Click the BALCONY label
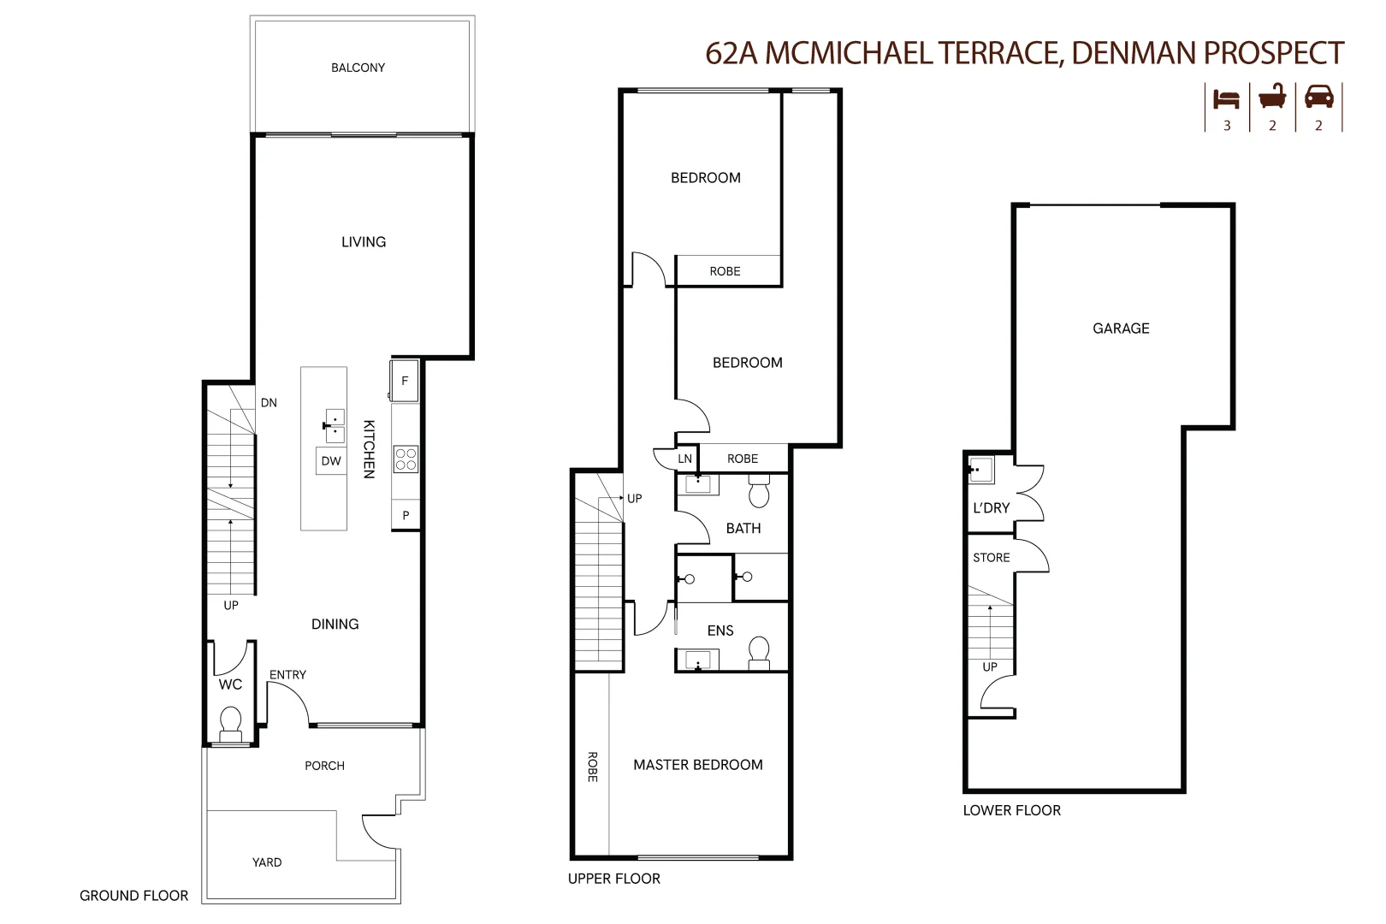358,68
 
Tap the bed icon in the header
1226,98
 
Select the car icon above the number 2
1318,97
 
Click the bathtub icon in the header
1272,97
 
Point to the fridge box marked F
405,381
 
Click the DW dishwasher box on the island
331,460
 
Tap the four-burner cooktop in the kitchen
406,459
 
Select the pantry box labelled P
406,515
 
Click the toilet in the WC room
231,724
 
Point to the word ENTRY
287,675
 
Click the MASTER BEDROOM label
697,765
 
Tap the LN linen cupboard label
684,459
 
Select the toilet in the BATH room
759,494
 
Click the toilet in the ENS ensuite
759,653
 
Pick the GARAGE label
1121,329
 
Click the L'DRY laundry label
991,508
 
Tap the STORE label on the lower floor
991,558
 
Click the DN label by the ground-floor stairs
269,403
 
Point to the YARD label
267,862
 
